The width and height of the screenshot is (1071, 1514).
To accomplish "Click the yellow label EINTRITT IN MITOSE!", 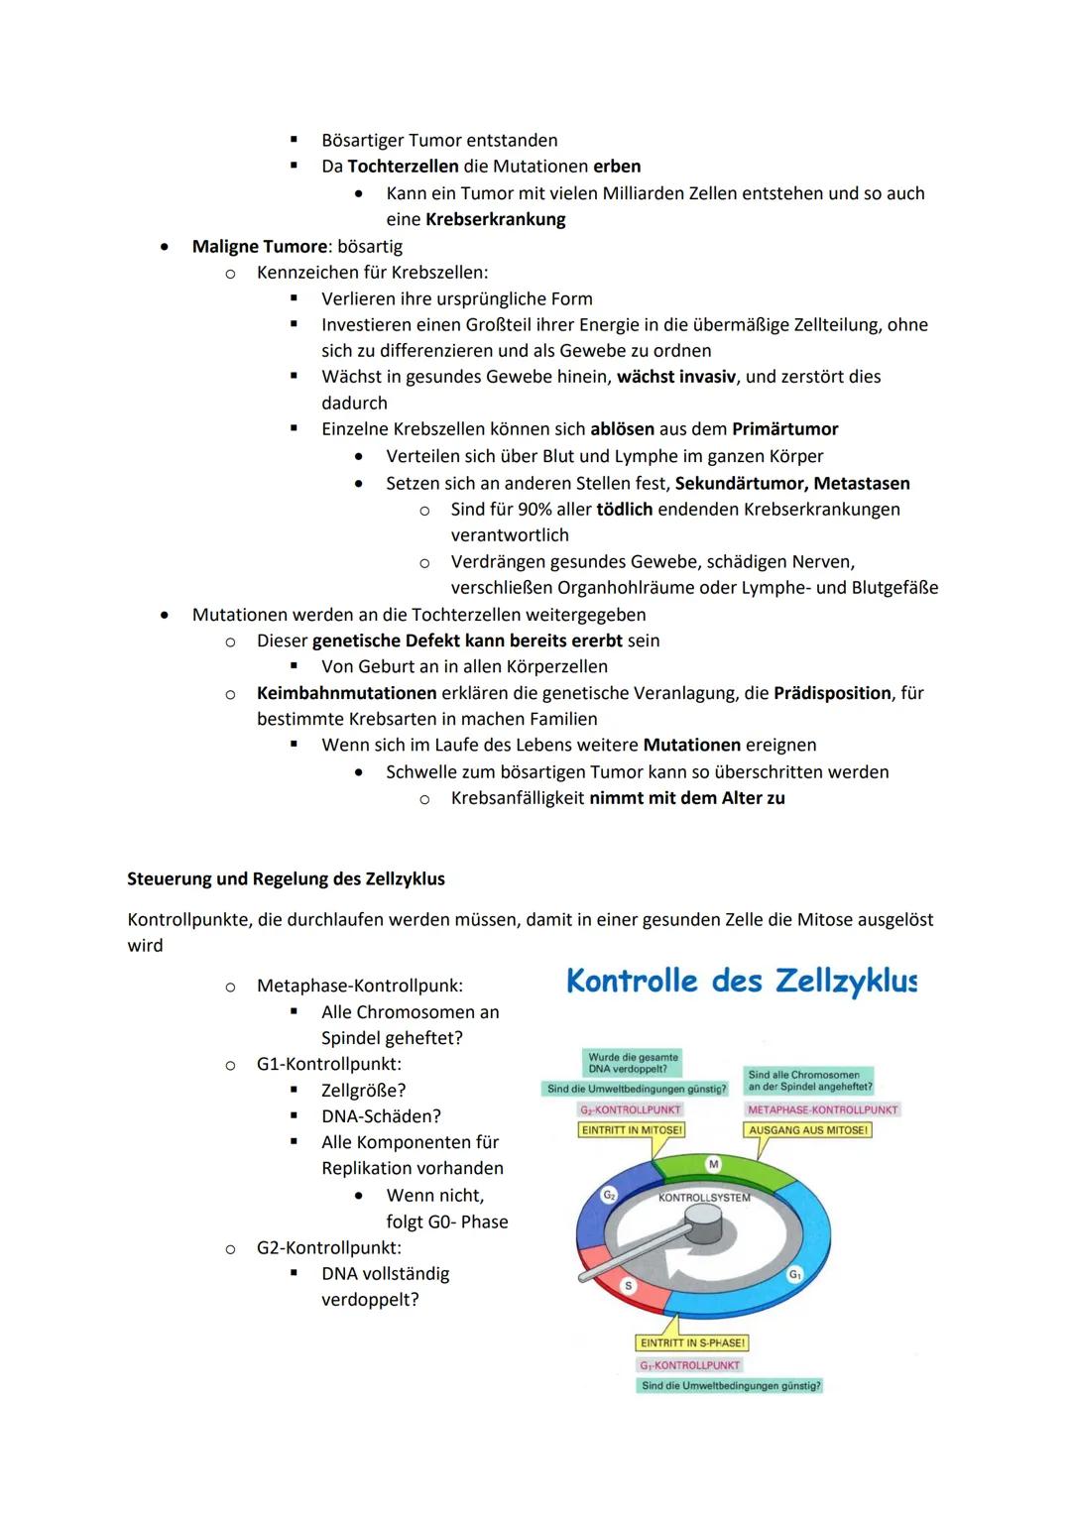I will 633,1130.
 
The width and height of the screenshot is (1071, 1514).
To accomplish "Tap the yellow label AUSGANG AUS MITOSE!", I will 808,1130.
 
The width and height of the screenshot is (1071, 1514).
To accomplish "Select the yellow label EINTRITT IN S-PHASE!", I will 692,1343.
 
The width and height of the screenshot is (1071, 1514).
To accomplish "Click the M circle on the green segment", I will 713,1163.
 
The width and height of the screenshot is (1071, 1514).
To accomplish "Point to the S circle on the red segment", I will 628,1286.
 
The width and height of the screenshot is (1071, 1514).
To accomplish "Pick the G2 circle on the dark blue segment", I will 610,1196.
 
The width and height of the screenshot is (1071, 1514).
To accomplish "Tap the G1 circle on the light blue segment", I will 794,1275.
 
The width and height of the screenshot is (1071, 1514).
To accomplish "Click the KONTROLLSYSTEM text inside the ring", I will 704,1198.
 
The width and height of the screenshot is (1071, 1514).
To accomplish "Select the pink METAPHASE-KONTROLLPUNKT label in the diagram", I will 822,1109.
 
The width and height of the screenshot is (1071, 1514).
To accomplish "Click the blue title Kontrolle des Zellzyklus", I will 741,982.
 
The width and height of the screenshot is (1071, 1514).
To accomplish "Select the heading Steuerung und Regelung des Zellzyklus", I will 286,879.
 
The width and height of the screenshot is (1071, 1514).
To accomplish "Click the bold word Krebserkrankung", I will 495,220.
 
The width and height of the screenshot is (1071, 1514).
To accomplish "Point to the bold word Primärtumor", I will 784,429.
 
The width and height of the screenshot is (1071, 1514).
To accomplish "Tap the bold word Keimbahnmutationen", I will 346,693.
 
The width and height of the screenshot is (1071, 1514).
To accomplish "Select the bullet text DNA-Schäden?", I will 381,1116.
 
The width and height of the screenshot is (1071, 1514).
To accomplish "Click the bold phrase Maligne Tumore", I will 259,246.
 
